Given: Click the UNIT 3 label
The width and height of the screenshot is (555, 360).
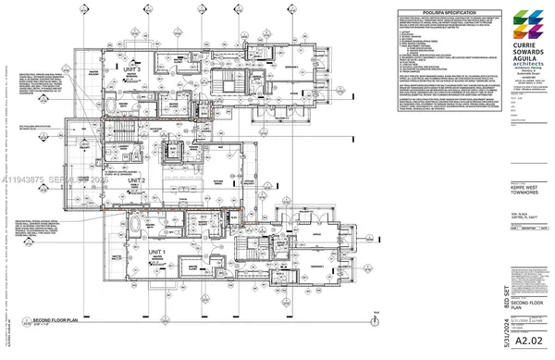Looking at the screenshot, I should pos(132,68).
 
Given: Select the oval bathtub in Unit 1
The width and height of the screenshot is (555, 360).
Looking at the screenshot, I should pos(138,227).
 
